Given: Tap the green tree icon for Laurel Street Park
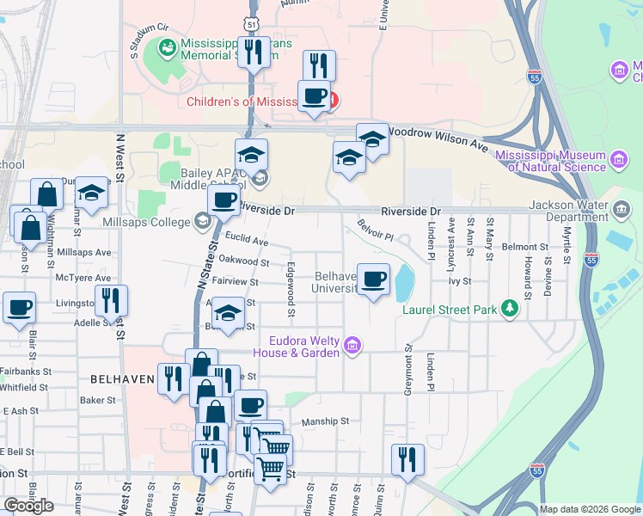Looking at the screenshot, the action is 510,307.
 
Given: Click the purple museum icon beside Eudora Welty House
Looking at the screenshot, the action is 352,346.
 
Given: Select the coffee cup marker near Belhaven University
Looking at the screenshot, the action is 372,279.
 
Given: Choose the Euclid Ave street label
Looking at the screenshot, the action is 247,241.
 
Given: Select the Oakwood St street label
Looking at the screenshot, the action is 245,261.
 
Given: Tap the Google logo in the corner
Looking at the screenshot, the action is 28,505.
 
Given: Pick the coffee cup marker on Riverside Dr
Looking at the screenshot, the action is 224,201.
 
